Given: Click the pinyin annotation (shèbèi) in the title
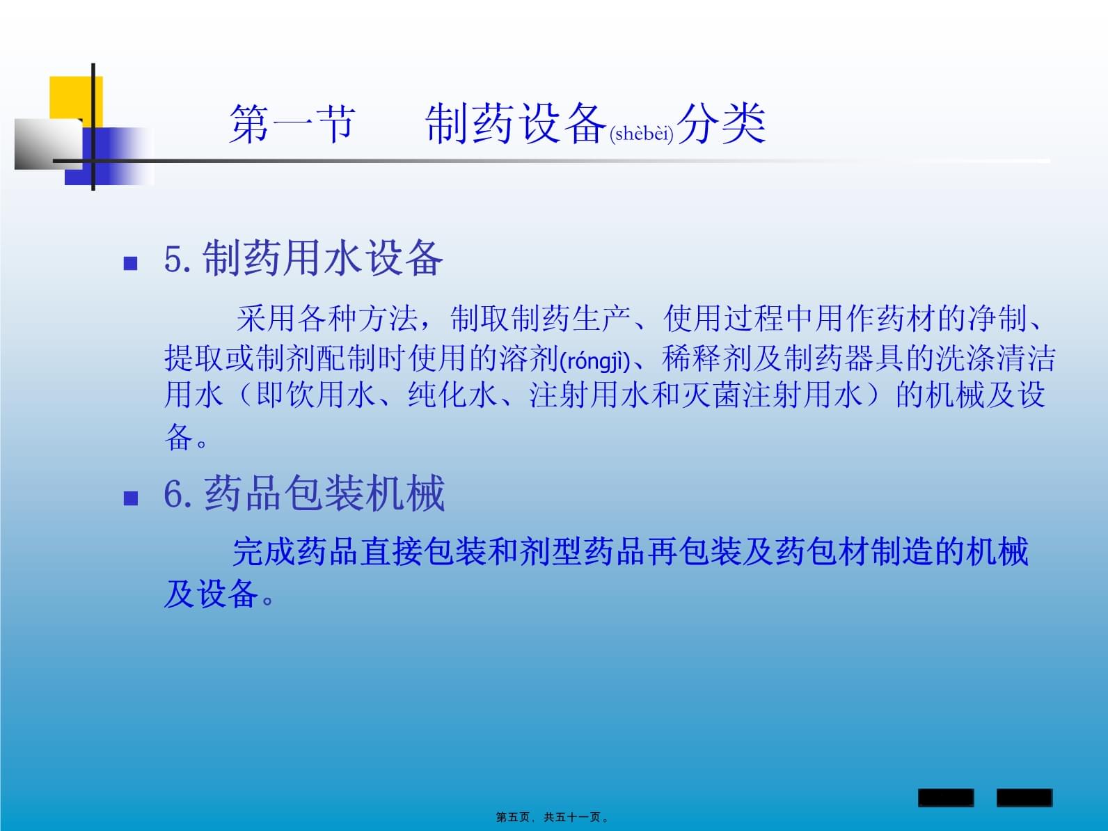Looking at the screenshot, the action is click(x=642, y=134).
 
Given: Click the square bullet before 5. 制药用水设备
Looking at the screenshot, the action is click(x=131, y=263).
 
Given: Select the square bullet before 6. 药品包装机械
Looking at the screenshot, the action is click(x=131, y=498).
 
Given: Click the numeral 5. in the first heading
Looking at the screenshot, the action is click(x=177, y=259).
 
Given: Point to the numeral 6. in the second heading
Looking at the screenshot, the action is click(x=177, y=494).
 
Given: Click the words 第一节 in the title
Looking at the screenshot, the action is click(x=292, y=124).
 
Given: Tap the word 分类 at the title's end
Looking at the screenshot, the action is click(x=722, y=124).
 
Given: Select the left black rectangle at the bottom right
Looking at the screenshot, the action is click(x=946, y=798).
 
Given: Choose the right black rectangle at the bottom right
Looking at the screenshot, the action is click(x=1024, y=798).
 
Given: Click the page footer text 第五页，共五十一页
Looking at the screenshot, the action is click(x=552, y=817).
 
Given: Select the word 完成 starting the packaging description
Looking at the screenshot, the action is click(x=264, y=551).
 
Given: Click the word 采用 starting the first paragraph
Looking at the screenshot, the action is click(x=266, y=319).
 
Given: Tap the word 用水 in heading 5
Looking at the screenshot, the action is click(x=324, y=258).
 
